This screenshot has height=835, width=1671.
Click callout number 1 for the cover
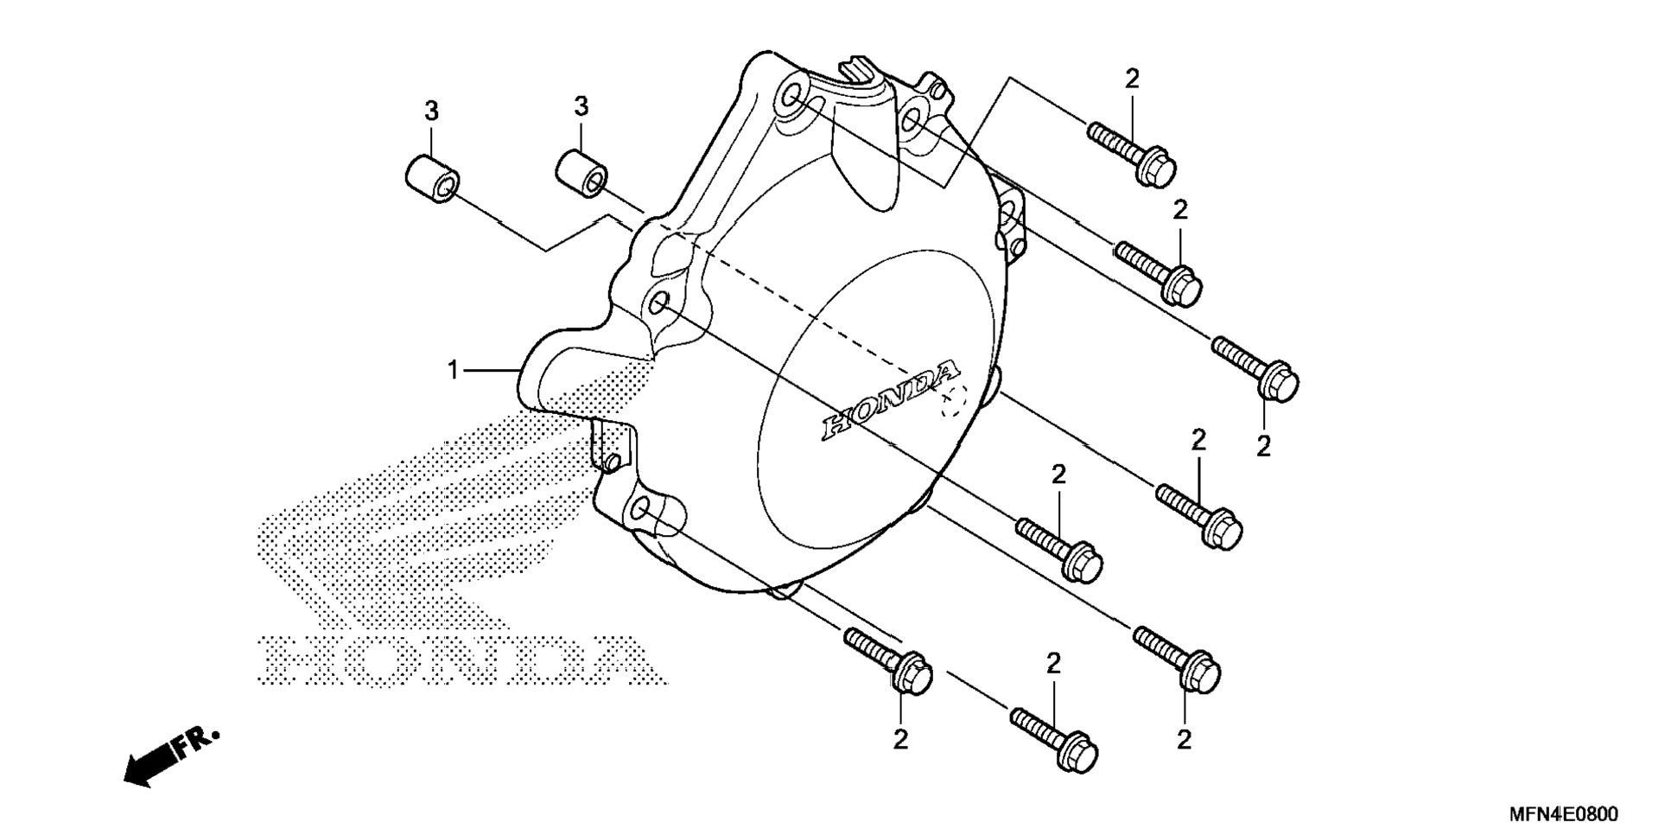452,371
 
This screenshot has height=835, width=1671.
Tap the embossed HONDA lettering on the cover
890,400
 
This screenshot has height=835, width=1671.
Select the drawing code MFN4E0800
1563,814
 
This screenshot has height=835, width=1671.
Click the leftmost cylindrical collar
431,180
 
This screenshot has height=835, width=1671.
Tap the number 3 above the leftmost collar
431,112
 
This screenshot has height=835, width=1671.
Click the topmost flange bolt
1133,156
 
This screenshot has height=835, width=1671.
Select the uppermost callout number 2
1132,79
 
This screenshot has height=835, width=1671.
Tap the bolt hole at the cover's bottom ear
641,510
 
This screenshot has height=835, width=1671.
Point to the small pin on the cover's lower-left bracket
613,463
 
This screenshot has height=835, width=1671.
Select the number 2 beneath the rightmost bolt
1263,447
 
